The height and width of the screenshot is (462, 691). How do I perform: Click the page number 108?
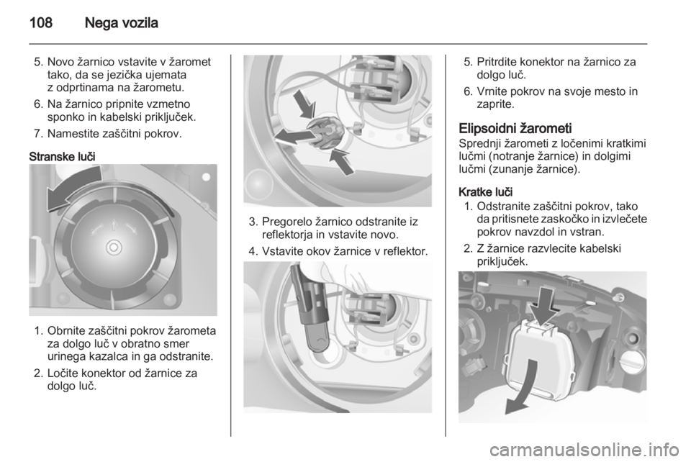(41, 22)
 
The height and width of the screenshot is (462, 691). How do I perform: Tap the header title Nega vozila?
(121, 22)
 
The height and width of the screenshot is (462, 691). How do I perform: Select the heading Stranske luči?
(62, 157)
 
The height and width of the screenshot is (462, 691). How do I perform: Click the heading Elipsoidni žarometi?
(515, 129)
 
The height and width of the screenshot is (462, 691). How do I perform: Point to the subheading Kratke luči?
(485, 192)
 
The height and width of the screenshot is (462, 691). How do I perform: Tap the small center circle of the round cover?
(114, 247)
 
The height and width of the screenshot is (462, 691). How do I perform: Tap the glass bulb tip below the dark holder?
(316, 341)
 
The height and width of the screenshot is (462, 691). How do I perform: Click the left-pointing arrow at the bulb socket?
(293, 136)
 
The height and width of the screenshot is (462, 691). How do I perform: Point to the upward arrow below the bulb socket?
(341, 160)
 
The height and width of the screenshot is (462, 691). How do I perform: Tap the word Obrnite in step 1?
(66, 331)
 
